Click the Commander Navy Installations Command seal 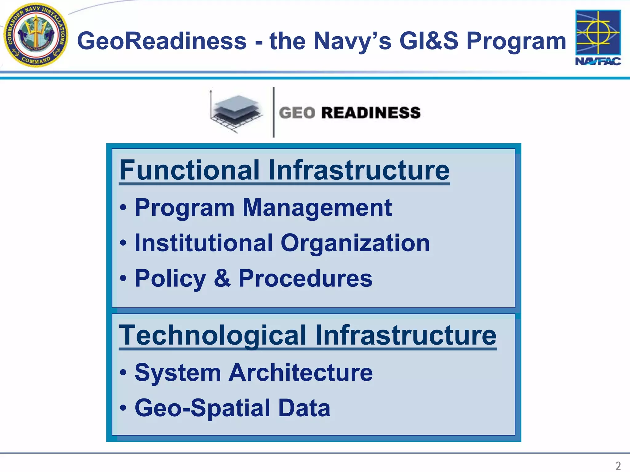[x=36, y=35]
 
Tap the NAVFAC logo [x=598, y=37]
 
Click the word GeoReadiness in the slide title [x=162, y=41]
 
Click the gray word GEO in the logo [x=297, y=113]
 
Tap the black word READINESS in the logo [x=371, y=113]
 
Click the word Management [x=317, y=208]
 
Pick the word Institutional [x=204, y=243]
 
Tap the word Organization [x=355, y=243]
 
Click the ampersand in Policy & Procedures [x=222, y=278]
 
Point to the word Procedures [x=305, y=278]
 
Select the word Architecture [x=301, y=373]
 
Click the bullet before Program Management [x=123, y=208]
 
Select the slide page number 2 [x=618, y=466]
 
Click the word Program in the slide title [x=516, y=41]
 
